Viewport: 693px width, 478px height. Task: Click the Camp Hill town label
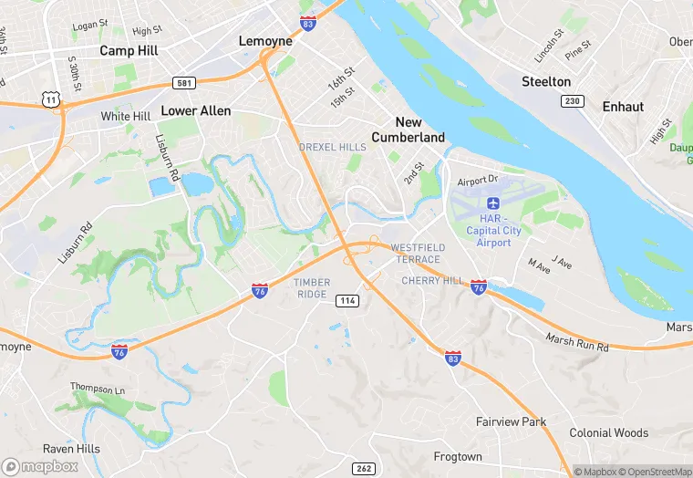click(x=129, y=51)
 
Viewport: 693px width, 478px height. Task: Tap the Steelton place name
click(x=546, y=81)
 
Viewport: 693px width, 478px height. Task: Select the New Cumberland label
click(x=408, y=130)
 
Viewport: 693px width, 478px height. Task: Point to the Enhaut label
click(x=623, y=107)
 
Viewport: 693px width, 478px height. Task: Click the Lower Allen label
click(x=195, y=110)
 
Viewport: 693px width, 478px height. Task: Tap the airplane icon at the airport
click(x=494, y=203)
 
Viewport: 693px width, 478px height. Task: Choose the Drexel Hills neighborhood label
click(x=333, y=147)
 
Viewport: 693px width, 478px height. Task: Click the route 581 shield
click(x=184, y=83)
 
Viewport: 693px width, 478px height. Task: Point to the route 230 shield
click(x=573, y=101)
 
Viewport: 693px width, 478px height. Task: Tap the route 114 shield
click(x=346, y=301)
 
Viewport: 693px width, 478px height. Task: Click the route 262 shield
click(x=363, y=468)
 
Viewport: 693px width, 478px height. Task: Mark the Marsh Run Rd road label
click(x=577, y=342)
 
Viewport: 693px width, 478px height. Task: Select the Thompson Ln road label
click(x=97, y=388)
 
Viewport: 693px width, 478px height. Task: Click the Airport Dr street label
click(x=479, y=181)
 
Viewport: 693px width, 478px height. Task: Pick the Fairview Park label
click(x=511, y=421)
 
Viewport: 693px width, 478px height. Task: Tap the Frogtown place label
click(x=457, y=456)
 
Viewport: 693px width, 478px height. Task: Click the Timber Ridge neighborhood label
click(x=311, y=288)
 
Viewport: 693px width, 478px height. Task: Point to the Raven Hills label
click(x=71, y=449)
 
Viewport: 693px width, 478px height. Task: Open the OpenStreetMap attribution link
click(x=652, y=472)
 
